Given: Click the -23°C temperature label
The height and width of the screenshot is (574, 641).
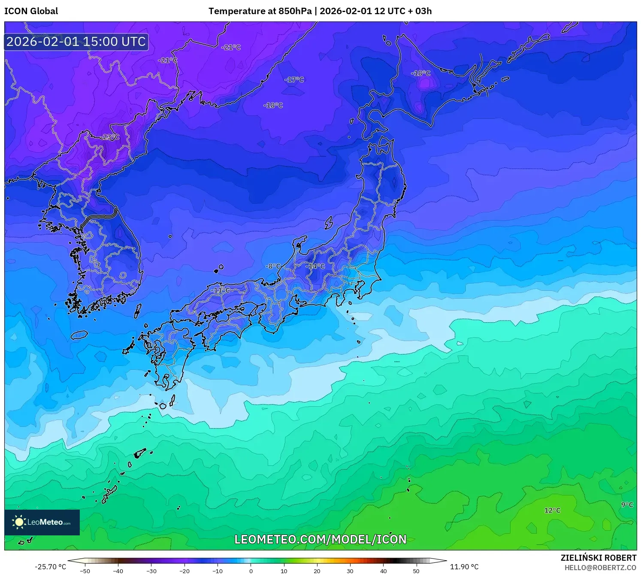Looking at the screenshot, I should (111, 137).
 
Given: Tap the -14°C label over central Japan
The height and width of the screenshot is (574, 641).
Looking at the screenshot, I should (315, 266).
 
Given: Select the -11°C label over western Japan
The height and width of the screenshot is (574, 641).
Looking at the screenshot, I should (221, 290).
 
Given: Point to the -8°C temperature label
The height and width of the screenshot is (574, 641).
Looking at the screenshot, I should (273, 266).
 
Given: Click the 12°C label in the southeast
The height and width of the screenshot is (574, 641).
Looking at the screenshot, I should (552, 511).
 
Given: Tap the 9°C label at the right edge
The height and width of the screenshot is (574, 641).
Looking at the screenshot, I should (627, 505).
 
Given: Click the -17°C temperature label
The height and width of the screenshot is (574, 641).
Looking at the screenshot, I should (294, 80).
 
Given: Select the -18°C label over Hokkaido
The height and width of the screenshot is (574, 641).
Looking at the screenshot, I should (421, 73).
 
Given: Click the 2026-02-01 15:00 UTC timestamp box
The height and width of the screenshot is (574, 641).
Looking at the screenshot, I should (76, 42).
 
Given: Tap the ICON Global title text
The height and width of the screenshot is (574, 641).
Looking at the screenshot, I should (31, 11).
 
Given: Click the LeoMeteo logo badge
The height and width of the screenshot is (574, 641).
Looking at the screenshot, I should (42, 522).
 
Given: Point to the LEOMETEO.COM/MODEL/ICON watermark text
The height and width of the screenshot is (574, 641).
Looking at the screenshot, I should (320, 539).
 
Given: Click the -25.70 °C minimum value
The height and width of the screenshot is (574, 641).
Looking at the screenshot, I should (51, 567).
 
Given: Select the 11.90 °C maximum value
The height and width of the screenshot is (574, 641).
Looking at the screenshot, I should (464, 567).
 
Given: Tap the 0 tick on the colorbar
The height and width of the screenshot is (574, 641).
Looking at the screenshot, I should (251, 571).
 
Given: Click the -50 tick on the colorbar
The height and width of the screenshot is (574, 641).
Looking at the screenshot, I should (85, 571).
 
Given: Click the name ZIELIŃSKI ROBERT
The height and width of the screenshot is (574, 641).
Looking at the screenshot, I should (599, 558).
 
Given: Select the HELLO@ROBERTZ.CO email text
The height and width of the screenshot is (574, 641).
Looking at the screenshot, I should (600, 568).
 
